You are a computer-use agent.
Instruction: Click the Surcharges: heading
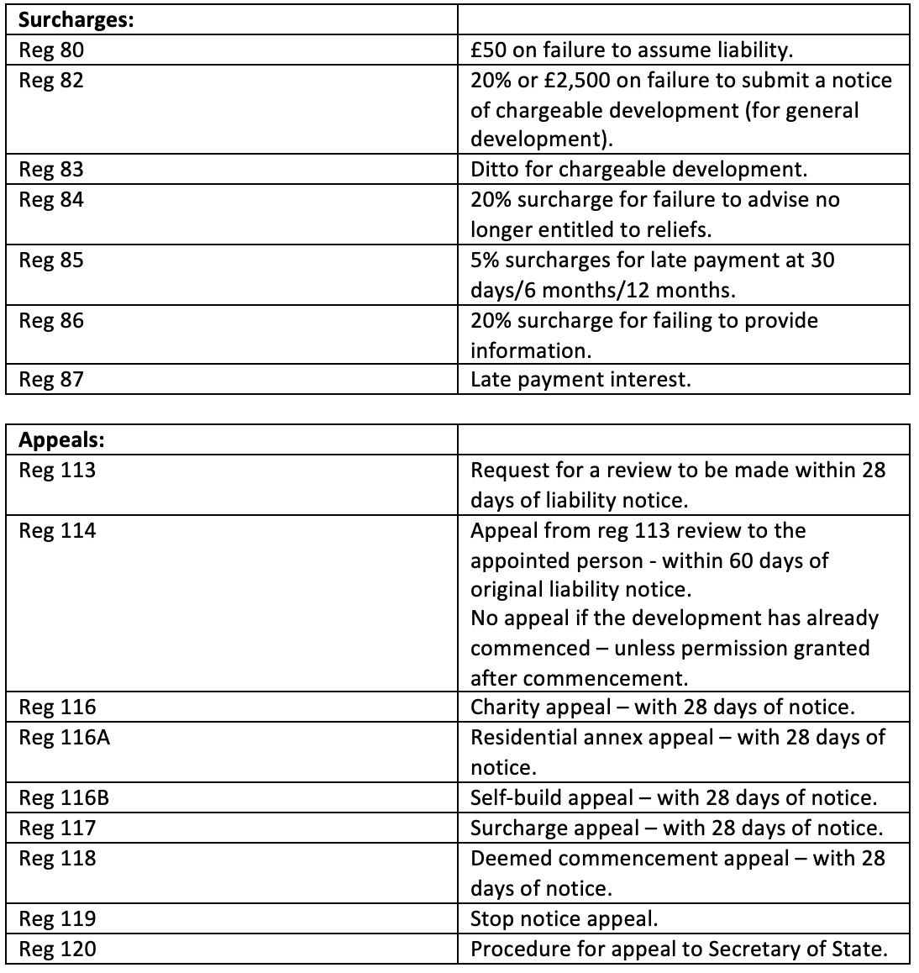point(76,19)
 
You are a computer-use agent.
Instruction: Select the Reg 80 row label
point(51,50)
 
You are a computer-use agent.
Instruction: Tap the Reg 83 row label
point(51,170)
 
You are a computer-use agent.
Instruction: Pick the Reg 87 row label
point(51,380)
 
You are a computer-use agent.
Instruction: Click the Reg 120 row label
point(57,949)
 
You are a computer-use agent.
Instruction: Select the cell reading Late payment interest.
point(580,380)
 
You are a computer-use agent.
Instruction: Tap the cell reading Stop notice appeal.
point(564,918)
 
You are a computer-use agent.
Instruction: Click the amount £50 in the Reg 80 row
point(488,50)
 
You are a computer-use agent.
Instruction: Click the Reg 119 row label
point(57,918)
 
